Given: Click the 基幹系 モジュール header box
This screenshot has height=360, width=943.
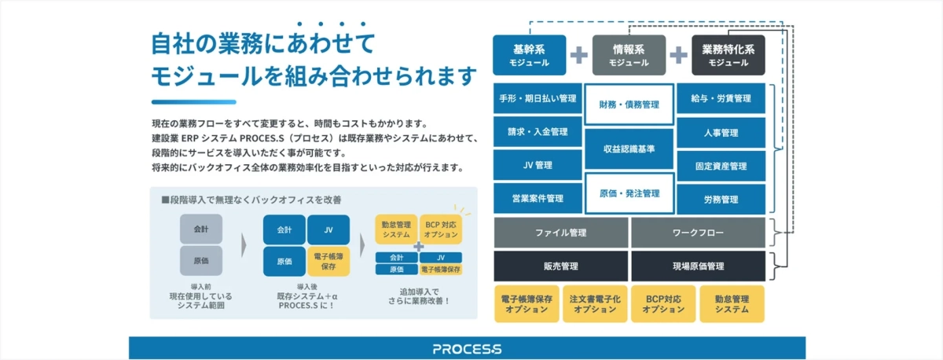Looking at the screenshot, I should click(x=530, y=55).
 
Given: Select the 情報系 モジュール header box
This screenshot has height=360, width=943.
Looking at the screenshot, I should click(x=629, y=55).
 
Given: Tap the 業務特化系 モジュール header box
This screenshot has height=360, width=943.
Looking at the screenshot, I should click(x=728, y=55).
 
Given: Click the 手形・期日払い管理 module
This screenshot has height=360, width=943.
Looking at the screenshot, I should click(x=538, y=99).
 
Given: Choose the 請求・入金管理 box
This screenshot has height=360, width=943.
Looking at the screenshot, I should click(x=538, y=132).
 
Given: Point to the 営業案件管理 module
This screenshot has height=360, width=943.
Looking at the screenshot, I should click(x=538, y=198).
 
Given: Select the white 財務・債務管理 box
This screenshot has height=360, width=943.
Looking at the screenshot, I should click(x=629, y=104).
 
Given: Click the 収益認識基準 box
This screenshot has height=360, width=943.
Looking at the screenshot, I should click(x=629, y=149).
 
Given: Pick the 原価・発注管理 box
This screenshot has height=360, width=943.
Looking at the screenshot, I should click(x=629, y=193).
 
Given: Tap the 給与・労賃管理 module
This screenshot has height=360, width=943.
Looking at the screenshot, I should click(x=721, y=99).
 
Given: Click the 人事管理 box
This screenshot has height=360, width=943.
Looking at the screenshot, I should click(x=721, y=132).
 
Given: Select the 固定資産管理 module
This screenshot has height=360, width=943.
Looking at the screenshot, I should click(x=721, y=166).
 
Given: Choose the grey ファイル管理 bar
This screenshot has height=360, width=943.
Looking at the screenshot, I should click(x=560, y=233).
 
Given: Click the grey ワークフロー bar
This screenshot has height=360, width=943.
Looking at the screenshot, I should click(x=698, y=233).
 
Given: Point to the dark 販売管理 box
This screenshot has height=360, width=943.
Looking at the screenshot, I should click(x=560, y=266).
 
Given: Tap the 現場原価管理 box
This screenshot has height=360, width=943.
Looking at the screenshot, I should click(x=698, y=266).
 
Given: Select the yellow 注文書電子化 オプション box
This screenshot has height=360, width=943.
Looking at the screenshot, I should click(x=595, y=305).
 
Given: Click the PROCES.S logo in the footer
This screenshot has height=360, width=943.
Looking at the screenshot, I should click(x=467, y=348).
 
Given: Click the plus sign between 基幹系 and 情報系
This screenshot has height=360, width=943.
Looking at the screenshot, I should click(x=579, y=55).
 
